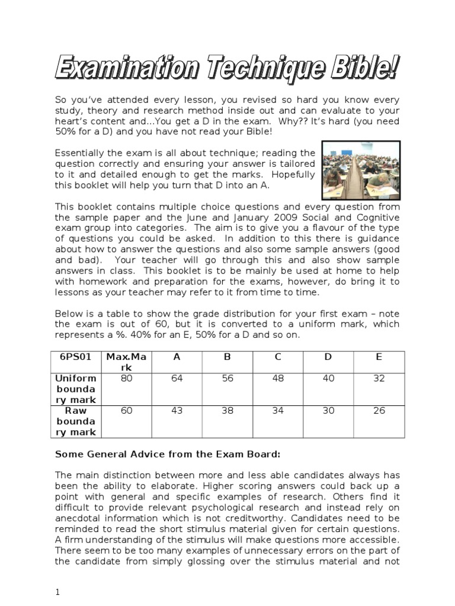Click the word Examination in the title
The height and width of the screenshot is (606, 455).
124,67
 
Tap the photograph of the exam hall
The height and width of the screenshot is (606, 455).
361,170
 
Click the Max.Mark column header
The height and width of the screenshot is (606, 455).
126,362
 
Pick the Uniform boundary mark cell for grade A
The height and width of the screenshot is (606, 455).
177,379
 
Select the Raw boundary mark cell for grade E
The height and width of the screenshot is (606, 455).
379,411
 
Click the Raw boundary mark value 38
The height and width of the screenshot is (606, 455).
227,411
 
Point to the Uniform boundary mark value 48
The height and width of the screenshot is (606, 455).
278,379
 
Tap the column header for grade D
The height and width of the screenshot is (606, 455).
328,356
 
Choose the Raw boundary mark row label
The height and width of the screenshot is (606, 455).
75,421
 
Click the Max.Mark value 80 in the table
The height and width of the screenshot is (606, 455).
126,379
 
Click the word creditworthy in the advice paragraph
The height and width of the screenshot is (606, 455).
270,518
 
